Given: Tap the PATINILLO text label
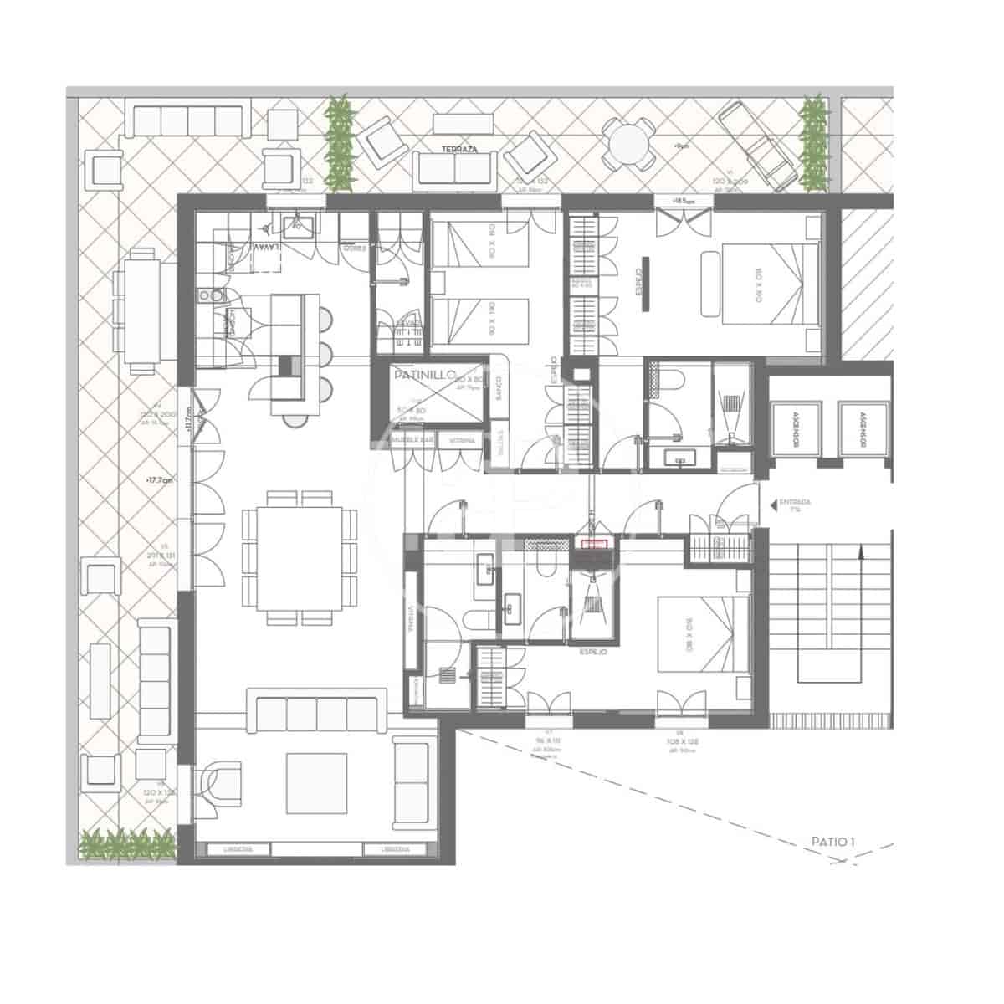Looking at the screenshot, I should [423, 377].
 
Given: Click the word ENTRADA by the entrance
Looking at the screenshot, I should [795, 503].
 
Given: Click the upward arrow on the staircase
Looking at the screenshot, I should [861, 552].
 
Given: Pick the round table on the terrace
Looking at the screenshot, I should [630, 146].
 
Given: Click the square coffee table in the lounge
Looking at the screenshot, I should [317, 783].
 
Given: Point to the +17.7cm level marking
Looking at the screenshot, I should [158, 480].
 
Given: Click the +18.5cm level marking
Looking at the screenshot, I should [684, 201].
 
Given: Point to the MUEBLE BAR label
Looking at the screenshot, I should [413, 440].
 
